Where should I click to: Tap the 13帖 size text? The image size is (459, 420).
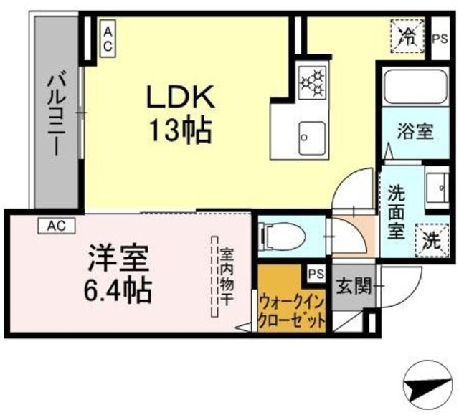tap(179, 130)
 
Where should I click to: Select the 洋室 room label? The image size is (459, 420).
tap(118, 257)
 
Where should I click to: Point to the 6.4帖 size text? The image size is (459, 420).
tap(118, 290)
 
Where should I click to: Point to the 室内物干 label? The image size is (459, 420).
tap(226, 277)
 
